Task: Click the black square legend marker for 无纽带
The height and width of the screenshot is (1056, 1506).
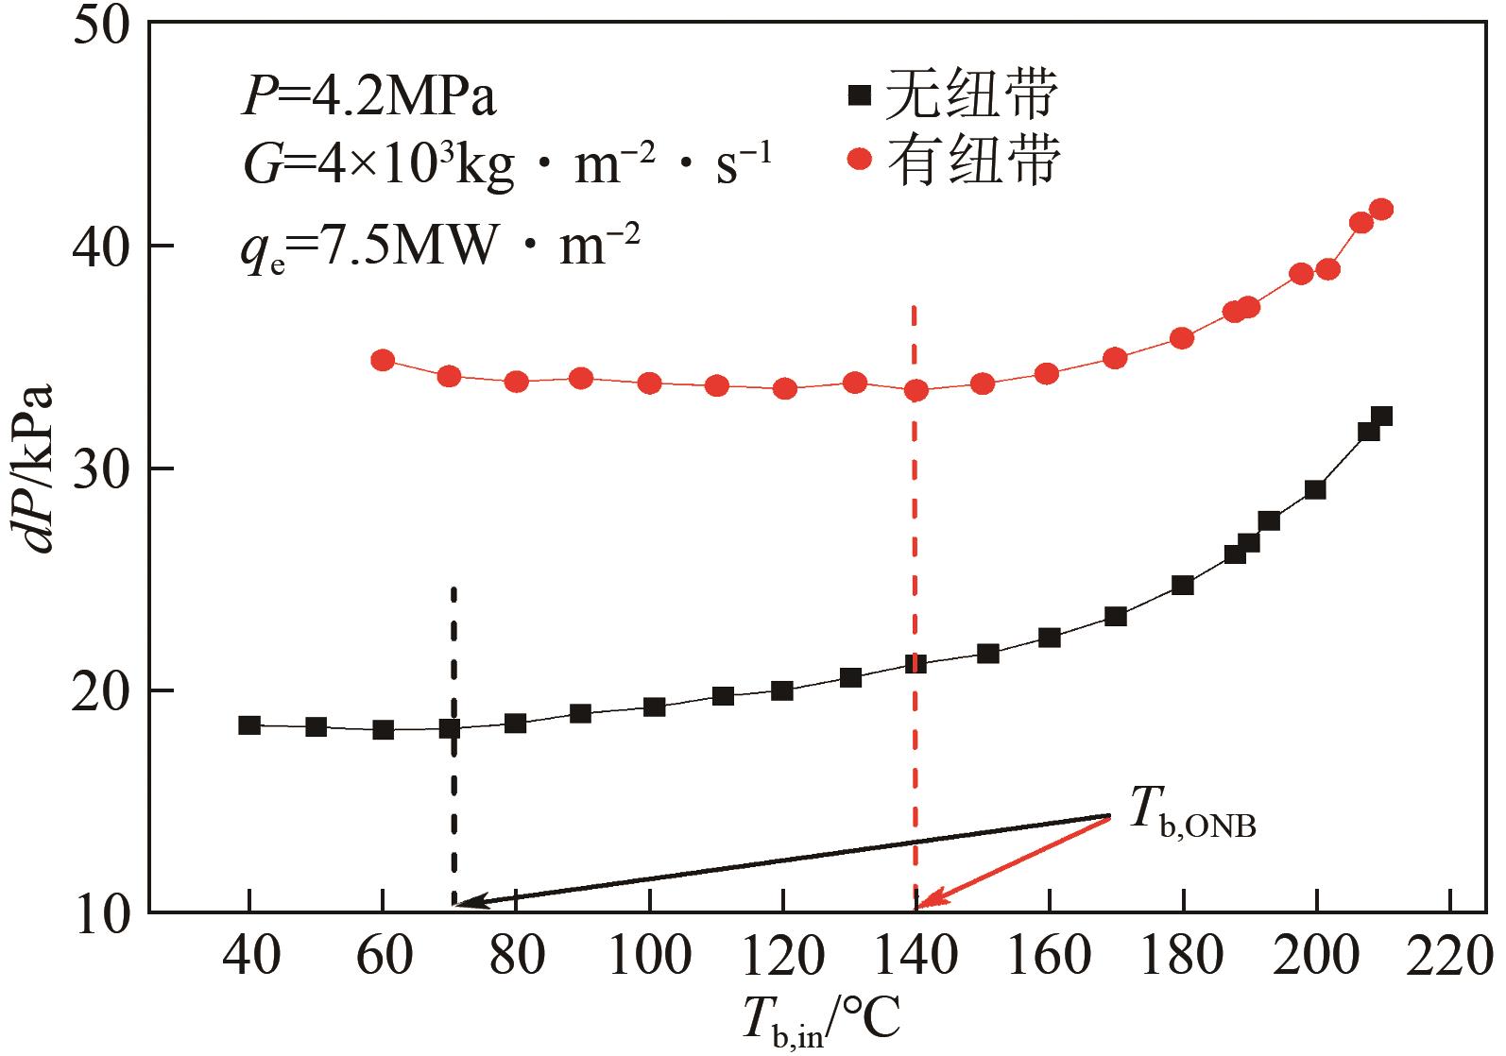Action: (x=859, y=95)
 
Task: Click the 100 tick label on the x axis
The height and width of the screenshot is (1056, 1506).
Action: (x=650, y=956)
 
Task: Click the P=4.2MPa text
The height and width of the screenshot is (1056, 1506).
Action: (x=368, y=99)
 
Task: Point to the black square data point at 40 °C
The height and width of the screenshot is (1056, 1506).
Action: (x=249, y=725)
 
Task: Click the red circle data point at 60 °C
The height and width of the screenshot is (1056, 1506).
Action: (x=383, y=360)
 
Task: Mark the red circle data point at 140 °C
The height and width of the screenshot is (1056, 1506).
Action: (x=916, y=390)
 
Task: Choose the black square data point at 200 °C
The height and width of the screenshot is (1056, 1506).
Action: (x=1315, y=489)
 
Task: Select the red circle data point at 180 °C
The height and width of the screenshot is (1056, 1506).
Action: (x=1182, y=338)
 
